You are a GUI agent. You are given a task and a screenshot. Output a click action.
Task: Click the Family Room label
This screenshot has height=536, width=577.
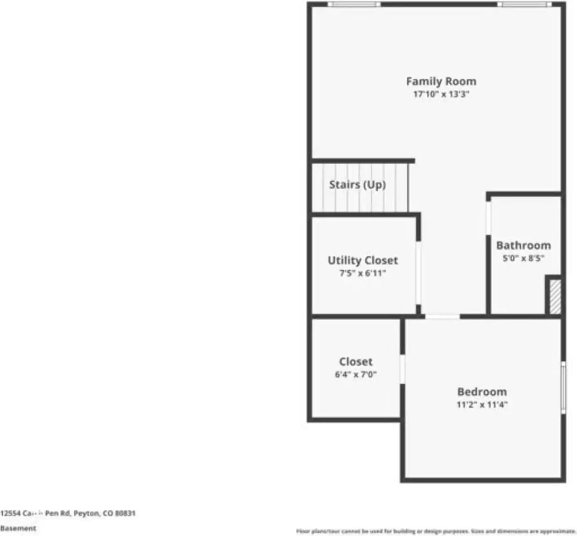click(441, 82)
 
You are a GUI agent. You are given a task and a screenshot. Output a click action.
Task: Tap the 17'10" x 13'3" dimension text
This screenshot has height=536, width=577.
click(441, 95)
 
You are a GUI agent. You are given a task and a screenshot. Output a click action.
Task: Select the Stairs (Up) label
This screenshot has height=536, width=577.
click(357, 185)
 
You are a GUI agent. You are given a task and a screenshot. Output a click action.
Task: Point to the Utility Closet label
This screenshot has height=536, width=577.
click(363, 260)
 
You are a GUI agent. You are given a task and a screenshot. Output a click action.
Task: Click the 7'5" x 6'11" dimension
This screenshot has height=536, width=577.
click(363, 274)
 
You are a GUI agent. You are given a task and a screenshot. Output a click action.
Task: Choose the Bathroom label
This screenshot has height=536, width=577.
click(523, 245)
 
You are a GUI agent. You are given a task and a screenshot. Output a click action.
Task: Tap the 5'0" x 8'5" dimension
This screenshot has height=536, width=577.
click(523, 259)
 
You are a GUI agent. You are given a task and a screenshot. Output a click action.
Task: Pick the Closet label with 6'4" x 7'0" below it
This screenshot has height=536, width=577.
click(355, 362)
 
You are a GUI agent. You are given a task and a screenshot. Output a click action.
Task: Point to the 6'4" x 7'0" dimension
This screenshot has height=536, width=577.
click(355, 375)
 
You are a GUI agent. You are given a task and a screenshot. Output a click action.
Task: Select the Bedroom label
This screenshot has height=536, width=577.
click(482, 392)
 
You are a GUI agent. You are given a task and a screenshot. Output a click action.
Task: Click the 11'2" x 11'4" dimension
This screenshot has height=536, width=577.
click(482, 405)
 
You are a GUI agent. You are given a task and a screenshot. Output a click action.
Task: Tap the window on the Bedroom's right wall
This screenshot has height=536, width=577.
click(563, 387)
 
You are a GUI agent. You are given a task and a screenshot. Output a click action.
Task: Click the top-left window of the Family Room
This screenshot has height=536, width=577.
click(354, 4)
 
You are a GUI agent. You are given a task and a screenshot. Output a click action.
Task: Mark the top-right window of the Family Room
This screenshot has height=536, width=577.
click(524, 4)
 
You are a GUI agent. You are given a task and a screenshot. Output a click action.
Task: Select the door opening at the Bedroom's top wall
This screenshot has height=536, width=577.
click(443, 317)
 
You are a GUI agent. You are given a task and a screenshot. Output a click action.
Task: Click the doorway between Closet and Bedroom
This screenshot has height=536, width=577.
click(402, 369)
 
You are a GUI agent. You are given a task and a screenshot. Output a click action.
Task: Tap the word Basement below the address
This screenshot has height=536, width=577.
click(18, 528)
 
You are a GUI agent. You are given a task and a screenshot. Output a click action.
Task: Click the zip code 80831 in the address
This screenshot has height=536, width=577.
click(126, 513)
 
